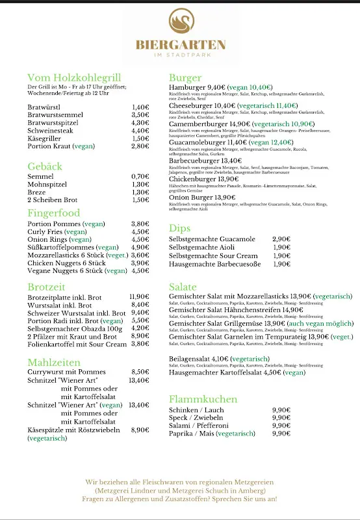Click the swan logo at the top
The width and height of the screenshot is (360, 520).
pyautogui.click(x=180, y=25)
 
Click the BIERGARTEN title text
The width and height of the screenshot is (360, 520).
pyautogui.click(x=180, y=45)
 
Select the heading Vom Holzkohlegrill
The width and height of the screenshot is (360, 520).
pyautogui.click(x=74, y=77)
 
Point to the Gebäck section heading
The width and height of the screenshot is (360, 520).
pyautogui.click(x=45, y=166)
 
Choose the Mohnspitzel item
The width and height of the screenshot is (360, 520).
pyautogui.click(x=47, y=184)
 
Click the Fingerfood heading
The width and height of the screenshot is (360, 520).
pyautogui.click(x=53, y=213)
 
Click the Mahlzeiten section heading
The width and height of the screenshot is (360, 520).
pyautogui.click(x=54, y=362)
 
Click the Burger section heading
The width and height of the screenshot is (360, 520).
pyautogui.click(x=185, y=77)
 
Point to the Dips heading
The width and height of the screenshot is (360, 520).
pyautogui.click(x=179, y=228)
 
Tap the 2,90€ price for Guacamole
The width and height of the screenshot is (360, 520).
pyautogui.click(x=281, y=239)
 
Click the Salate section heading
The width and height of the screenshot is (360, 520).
pyautogui.click(x=183, y=287)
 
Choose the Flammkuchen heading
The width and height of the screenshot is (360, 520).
pyautogui.click(x=203, y=399)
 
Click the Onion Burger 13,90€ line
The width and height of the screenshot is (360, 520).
pyautogui.click(x=201, y=198)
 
